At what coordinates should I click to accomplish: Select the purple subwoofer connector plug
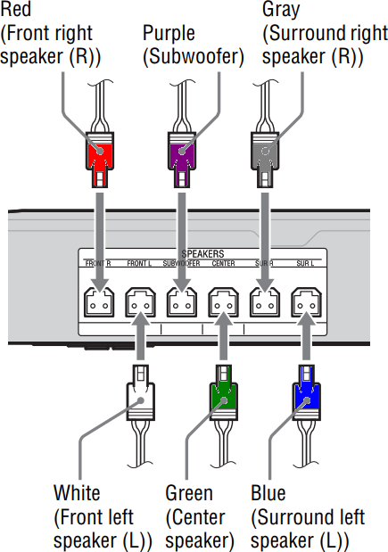(x=181, y=157)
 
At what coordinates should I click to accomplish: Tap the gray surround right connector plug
(x=263, y=157)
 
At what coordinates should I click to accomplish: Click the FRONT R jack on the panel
(x=98, y=304)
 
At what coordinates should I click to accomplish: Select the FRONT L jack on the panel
(x=140, y=304)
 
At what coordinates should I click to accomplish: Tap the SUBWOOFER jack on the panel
(x=181, y=304)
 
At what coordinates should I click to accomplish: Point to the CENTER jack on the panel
(x=222, y=304)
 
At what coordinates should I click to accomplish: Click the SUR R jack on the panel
(x=263, y=304)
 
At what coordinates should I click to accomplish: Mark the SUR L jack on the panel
(x=304, y=304)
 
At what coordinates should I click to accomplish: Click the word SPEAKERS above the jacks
(x=202, y=254)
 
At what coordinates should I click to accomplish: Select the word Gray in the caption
(x=280, y=10)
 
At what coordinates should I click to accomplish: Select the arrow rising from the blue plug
(x=304, y=339)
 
